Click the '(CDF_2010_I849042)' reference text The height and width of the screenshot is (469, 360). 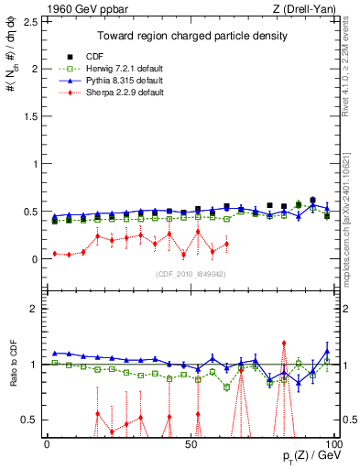tap(190, 273)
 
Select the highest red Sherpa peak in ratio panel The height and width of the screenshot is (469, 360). tap(284, 343)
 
